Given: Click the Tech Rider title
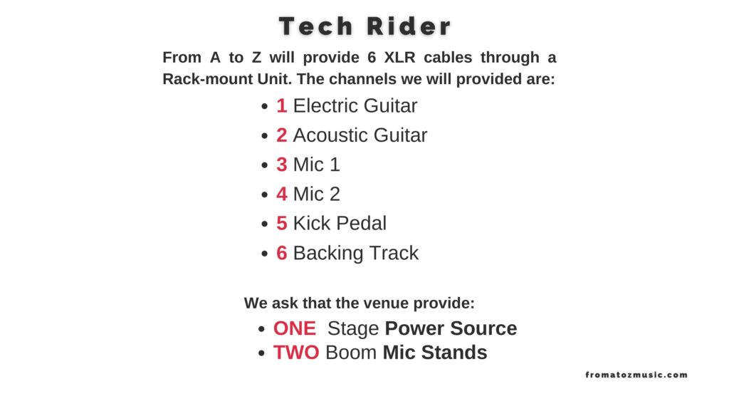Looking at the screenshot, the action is (x=365, y=26).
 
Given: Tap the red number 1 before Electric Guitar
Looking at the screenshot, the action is (x=282, y=106).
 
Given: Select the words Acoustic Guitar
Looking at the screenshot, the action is (x=360, y=135).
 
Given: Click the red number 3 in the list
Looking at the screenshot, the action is (x=282, y=165).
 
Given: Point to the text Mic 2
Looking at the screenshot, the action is (x=317, y=194).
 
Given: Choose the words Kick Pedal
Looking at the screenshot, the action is (x=340, y=223).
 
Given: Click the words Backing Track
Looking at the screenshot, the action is (x=356, y=253).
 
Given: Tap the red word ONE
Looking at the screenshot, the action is (x=295, y=328).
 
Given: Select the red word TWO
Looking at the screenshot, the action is (x=296, y=353).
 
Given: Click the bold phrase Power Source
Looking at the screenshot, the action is (x=451, y=328).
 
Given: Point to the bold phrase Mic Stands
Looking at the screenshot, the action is (x=435, y=353).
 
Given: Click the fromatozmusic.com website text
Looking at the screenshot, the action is (x=636, y=375).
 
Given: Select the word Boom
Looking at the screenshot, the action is (x=351, y=353).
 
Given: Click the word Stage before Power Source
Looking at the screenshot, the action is (x=353, y=328).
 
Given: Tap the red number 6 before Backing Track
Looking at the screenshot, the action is (x=282, y=253).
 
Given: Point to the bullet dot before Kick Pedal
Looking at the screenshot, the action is (x=265, y=224).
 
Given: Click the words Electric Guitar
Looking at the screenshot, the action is (x=355, y=106).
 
